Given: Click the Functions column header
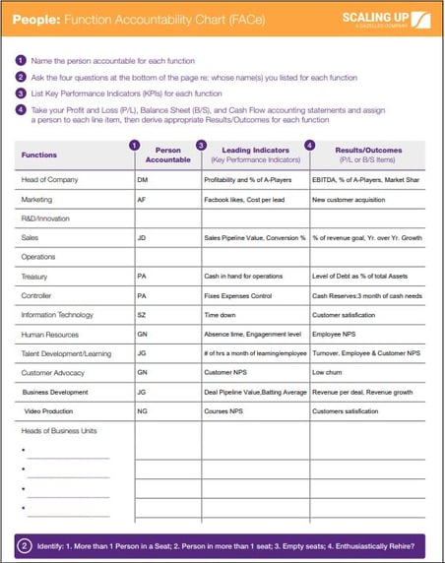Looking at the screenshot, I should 39,155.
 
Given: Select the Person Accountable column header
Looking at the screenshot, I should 161,155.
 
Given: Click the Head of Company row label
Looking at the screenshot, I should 49,180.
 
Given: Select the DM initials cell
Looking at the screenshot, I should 143,180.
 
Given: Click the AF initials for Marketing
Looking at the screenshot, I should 142,199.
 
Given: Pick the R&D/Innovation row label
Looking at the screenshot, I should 46,219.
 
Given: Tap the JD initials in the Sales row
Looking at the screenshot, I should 142,237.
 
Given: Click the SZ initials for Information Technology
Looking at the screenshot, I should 142,314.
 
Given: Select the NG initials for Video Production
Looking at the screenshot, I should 142,410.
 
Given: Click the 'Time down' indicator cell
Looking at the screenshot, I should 220,314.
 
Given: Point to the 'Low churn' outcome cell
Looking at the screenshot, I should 328,372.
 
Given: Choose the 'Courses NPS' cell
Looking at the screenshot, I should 224,410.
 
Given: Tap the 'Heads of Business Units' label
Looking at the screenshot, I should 58,430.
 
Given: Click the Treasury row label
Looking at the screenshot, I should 34,277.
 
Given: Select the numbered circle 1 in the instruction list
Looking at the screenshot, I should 21,60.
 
